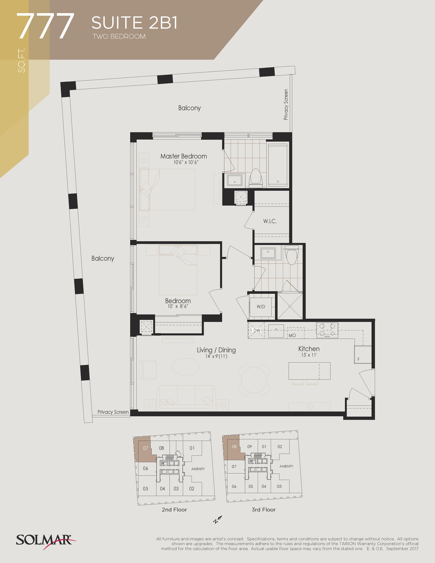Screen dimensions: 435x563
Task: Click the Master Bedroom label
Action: tap(184, 156)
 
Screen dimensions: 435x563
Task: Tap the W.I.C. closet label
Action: tap(270, 221)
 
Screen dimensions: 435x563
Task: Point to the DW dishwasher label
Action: tap(257, 330)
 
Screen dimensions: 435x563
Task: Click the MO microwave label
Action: tap(292, 335)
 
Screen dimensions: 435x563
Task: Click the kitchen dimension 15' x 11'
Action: tap(309, 355)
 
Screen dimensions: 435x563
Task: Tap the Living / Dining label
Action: tap(216, 350)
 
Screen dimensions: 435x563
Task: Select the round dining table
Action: tap(254, 380)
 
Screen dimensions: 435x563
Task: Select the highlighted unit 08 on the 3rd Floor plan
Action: tap(234, 447)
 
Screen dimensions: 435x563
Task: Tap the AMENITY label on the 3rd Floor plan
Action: tap(286, 466)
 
